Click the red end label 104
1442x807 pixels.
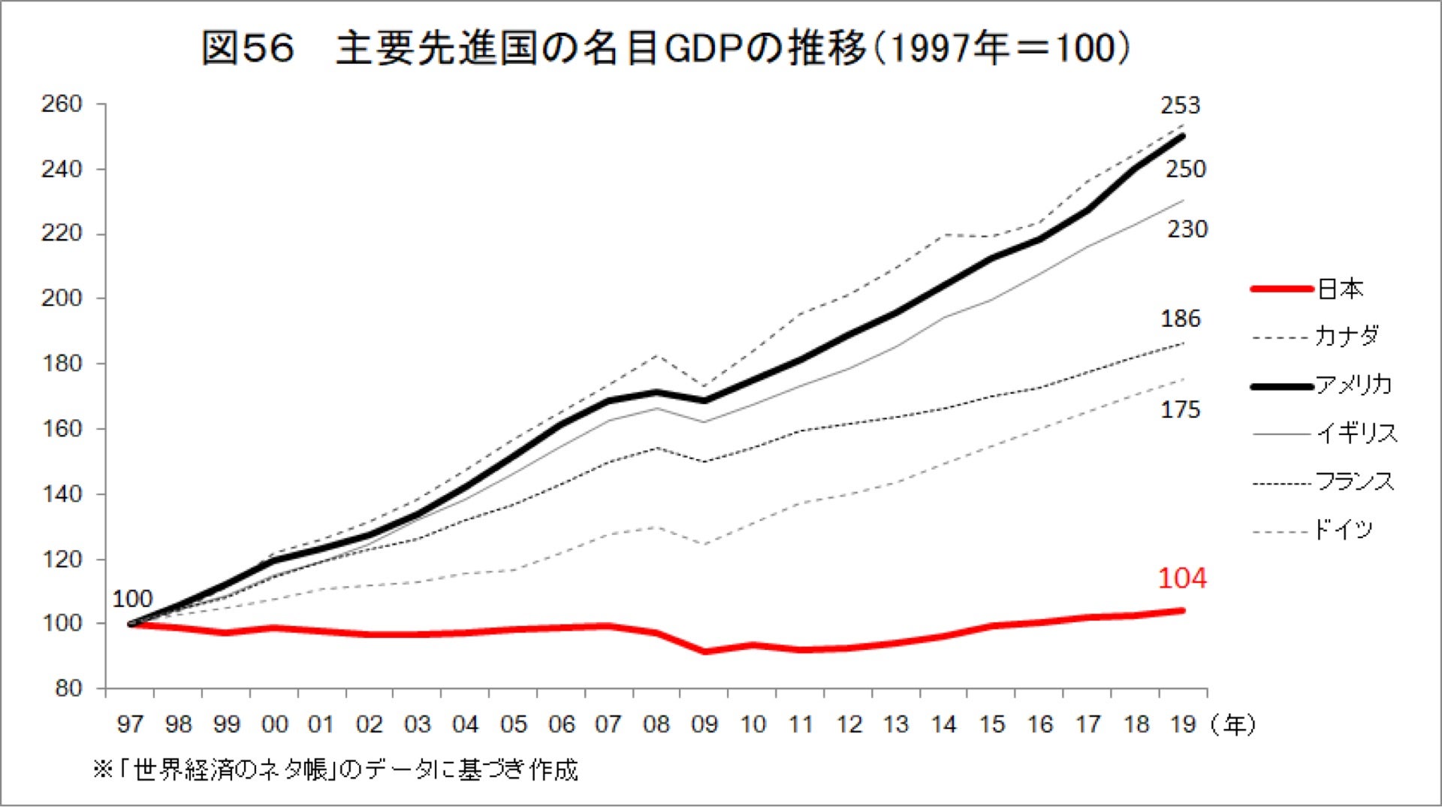(1182, 578)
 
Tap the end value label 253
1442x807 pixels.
(1181, 105)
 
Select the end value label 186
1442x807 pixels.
(1181, 319)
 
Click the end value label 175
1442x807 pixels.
(1181, 410)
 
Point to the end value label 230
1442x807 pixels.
(1187, 229)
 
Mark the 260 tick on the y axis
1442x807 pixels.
(62, 104)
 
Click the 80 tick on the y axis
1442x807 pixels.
(68, 688)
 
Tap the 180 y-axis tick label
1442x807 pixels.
(62, 364)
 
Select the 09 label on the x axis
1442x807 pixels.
(704, 724)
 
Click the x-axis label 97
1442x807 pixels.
(130, 724)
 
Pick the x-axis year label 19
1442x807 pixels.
(1184, 724)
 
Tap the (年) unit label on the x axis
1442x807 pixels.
(1232, 724)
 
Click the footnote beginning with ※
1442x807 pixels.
(335, 769)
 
